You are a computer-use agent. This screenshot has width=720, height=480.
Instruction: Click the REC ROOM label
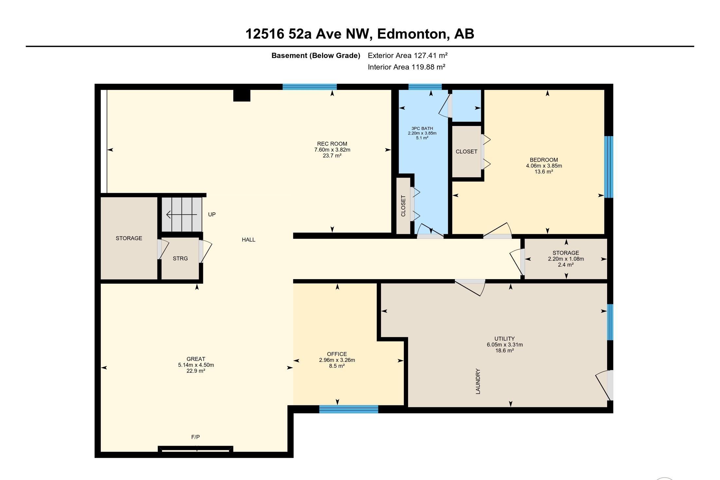pos(332,144)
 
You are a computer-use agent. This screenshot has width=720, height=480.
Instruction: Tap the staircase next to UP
pos(182,214)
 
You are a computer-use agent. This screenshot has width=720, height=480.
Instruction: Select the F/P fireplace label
pos(195,437)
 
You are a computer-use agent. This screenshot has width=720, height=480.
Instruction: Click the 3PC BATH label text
pos(422,129)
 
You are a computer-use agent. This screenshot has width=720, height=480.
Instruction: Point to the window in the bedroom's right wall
pos(608,167)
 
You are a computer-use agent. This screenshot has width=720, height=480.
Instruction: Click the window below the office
pos(349,409)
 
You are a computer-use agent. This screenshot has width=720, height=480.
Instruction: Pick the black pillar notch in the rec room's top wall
pos(242,95)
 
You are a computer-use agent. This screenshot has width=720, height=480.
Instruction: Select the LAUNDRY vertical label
pos(478,381)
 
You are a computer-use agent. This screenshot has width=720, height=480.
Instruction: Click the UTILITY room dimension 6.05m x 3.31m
pos(504,345)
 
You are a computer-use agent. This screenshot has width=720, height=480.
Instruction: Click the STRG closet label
pos(180,258)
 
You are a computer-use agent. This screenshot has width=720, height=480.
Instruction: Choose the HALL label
pos(248,240)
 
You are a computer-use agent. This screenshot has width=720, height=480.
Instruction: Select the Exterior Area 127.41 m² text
pos(407,55)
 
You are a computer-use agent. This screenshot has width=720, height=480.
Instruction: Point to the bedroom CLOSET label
pos(466,151)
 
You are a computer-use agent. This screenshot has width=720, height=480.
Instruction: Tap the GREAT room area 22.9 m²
pos(196,371)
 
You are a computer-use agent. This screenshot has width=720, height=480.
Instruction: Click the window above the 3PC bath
pos(425,87)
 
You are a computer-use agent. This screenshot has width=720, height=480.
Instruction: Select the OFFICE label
pos(337,354)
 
